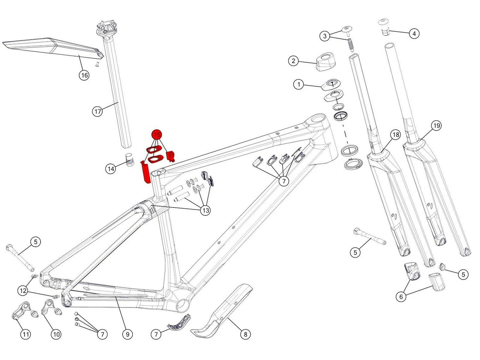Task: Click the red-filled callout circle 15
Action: (157, 134)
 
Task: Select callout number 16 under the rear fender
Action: (84, 75)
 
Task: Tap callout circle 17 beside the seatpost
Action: (97, 112)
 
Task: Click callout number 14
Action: (111, 169)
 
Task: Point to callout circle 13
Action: (205, 210)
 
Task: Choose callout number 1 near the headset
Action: (298, 84)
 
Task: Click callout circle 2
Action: (293, 61)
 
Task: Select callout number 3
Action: (325, 36)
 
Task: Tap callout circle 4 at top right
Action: (414, 33)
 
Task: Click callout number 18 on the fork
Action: (396, 135)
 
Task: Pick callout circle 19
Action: (436, 125)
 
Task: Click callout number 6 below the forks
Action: (401, 297)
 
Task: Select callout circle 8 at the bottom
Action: (245, 334)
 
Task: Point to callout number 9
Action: (127, 334)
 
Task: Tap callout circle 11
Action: (25, 334)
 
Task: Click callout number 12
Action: (23, 290)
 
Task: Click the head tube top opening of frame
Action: (317, 119)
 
